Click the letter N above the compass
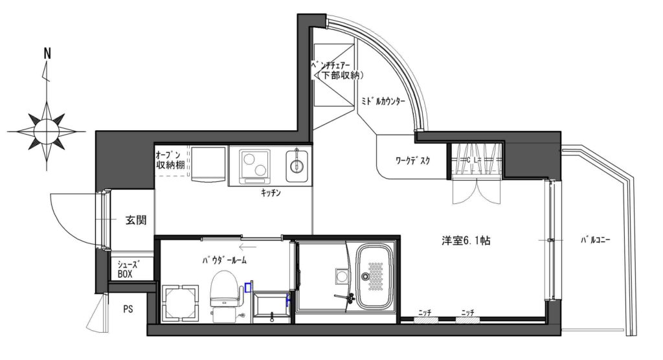47,53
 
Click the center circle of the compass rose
47,131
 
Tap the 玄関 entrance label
136,220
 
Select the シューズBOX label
128,269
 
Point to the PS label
128,309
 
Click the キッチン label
271,193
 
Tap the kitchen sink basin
297,166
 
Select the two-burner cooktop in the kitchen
254,166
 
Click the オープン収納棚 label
170,160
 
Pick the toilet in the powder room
225,293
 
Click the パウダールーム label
224,260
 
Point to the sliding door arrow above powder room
247,247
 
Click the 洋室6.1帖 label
466,241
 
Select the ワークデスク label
412,161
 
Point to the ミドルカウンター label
383,102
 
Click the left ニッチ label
425,313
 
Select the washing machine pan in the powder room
181,303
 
